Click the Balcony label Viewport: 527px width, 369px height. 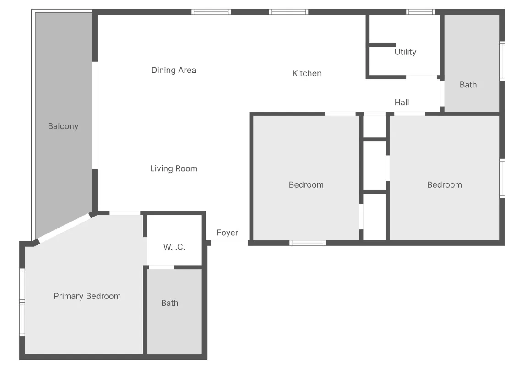pos(63,126)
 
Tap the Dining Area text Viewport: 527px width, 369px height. pos(174,70)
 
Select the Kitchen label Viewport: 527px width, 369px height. pos(307,73)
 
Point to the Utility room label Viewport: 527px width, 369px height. pos(405,52)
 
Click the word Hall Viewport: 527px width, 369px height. pos(402,103)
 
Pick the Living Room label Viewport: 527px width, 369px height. pos(174,168)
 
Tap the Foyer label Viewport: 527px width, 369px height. pos(227,233)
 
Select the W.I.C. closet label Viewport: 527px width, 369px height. pos(174,247)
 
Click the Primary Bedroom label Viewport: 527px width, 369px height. pos(87,296)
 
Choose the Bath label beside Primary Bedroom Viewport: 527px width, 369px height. pos(169,303)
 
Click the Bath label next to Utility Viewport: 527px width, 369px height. pos(468,85)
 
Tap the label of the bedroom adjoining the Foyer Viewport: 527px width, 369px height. pos(306,185)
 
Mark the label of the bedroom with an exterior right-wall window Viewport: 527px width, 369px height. pos(444,185)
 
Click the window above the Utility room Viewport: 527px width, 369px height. pos(420,12)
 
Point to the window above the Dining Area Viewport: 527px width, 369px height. pos(211,12)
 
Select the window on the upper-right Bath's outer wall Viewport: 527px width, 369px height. pos(502,61)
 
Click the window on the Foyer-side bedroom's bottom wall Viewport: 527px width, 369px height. pos(308,243)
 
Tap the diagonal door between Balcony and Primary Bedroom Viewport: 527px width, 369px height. pos(64,228)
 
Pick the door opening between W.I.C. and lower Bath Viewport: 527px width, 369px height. pos(161,267)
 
